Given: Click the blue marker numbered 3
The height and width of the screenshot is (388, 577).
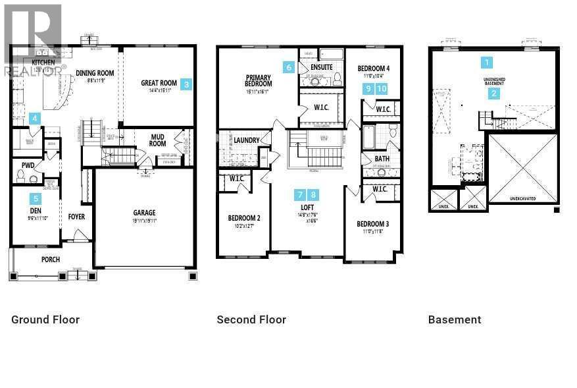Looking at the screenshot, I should (187, 84).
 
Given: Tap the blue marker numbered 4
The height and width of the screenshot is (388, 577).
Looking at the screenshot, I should (35, 119).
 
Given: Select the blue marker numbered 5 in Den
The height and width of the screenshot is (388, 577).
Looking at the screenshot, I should (36, 198).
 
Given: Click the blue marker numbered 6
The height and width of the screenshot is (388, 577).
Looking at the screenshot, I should (288, 67).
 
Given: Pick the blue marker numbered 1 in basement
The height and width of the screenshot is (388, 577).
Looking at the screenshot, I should (487, 63).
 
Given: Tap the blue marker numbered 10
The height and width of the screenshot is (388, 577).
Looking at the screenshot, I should (382, 88).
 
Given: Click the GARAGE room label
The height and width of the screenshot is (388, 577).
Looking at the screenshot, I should (145, 213).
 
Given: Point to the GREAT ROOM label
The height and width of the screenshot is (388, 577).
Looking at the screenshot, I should (159, 84).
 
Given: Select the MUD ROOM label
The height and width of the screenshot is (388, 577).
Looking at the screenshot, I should (158, 140).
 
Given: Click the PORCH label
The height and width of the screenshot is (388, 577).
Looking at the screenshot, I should (51, 260).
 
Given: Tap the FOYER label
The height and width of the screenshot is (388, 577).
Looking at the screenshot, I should (76, 217).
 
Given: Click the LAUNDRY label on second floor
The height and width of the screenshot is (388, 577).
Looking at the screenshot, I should (245, 140).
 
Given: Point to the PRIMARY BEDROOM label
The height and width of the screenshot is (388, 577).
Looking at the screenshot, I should (259, 80).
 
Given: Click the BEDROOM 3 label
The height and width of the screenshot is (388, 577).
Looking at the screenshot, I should (372, 224).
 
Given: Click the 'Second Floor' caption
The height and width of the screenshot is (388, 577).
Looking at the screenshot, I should (251, 319).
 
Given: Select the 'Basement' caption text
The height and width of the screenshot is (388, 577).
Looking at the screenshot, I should (455, 319).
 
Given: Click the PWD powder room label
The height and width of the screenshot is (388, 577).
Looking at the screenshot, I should (28, 165).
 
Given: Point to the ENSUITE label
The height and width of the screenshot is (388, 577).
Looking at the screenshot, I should (322, 67).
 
